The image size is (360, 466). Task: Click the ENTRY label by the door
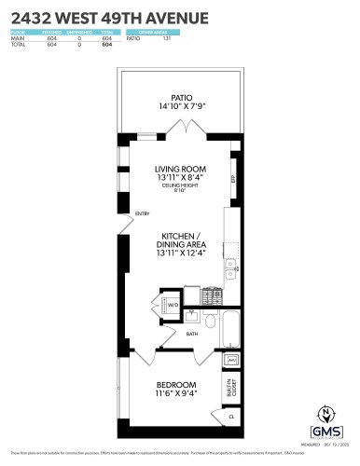pyautogui.click(x=142, y=213)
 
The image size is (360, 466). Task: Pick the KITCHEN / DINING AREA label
pyautogui.click(x=179, y=240)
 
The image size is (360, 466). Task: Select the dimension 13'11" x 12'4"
pyautogui.click(x=179, y=253)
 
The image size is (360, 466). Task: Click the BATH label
pyautogui.click(x=191, y=333)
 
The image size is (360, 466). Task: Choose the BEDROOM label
pyautogui.click(x=175, y=385)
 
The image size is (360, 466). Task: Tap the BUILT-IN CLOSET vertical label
pyautogui.click(x=231, y=385)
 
